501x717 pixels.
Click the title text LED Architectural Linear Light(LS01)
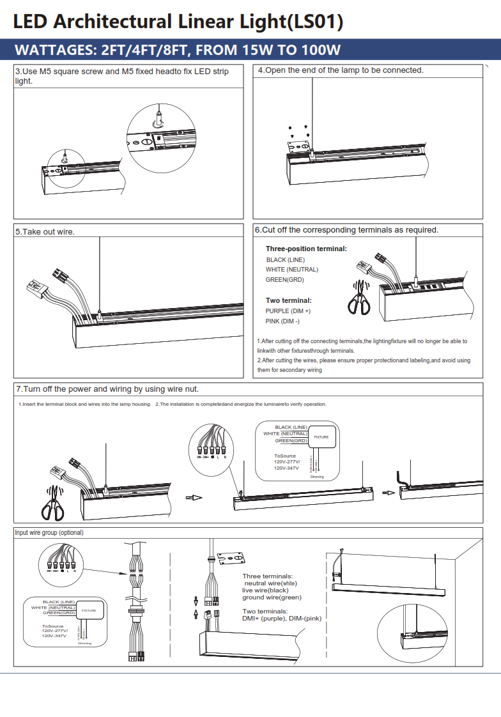point(178,22)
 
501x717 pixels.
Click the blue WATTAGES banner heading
point(178,50)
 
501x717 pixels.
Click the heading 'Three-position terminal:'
point(306,249)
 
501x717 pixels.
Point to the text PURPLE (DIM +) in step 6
point(288,311)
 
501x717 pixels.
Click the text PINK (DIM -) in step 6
point(282,321)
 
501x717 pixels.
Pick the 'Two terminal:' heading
point(288,300)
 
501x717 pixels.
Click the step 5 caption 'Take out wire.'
point(45,231)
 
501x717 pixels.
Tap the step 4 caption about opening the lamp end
point(341,70)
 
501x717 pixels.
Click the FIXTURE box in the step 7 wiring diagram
point(321,436)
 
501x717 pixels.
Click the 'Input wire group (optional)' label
point(49,532)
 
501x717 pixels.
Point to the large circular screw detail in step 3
point(158,137)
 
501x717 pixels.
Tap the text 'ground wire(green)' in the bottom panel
point(272,597)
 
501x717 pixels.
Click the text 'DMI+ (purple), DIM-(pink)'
point(281,619)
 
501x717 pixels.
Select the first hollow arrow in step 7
point(193,498)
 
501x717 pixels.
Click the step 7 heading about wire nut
point(107,389)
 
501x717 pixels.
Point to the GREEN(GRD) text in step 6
point(284,280)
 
